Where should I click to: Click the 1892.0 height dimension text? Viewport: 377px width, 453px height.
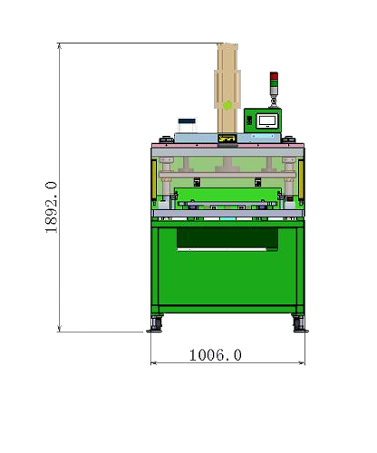tap(51, 207)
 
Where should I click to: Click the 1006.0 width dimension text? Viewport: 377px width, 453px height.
tap(215, 355)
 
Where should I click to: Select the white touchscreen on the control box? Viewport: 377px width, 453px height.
tap(266, 120)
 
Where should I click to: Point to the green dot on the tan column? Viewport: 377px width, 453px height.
tap(227, 106)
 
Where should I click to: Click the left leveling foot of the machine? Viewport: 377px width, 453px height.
tap(157, 323)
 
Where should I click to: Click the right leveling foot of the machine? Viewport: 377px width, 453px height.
tap(298, 323)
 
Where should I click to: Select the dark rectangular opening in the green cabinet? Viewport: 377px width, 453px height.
tap(227, 238)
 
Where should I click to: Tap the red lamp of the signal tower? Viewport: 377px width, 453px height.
tap(274, 76)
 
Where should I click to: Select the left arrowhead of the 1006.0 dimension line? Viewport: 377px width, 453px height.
tap(153, 363)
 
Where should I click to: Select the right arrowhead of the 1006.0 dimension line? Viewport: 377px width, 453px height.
tap(303, 363)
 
